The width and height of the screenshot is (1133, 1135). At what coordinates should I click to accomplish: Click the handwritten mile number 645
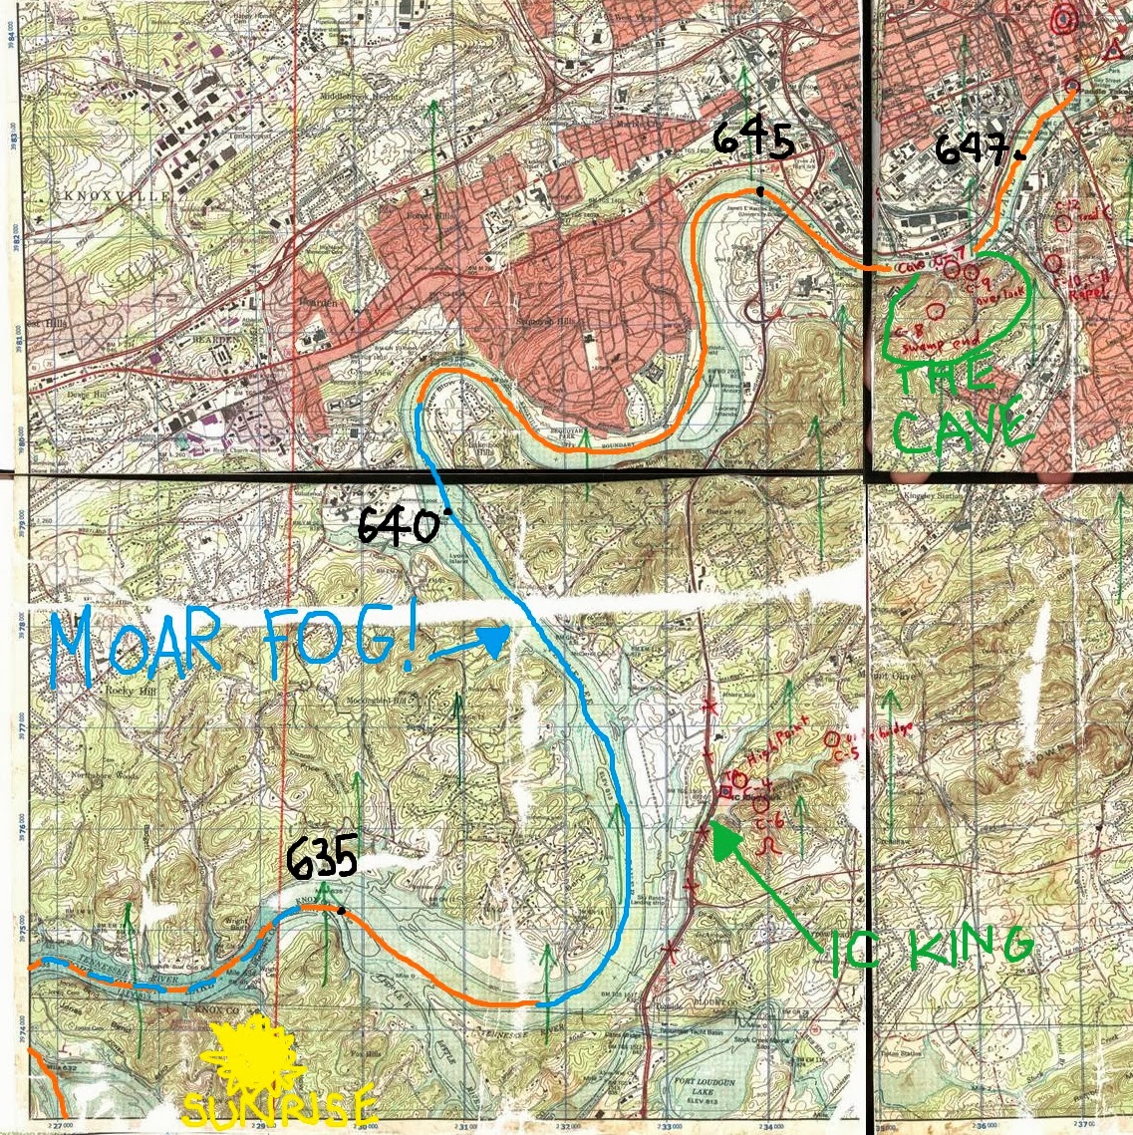tap(753, 142)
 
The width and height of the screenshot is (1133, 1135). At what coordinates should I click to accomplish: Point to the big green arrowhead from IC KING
tap(725, 840)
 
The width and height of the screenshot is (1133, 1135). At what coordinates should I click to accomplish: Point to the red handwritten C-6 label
tap(767, 822)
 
